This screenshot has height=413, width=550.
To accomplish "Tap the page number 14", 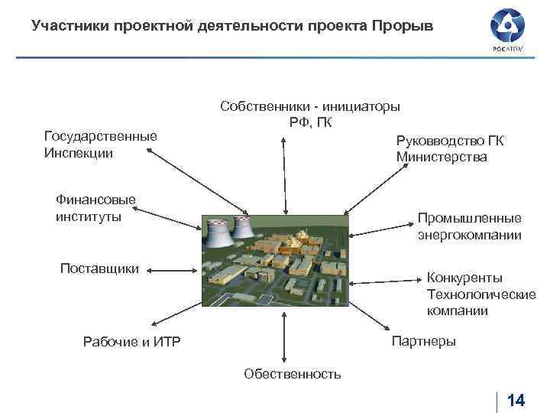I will click(x=516, y=401).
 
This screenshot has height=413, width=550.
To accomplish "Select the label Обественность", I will click(x=293, y=374).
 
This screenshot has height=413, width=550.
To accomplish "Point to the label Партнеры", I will click(x=423, y=341).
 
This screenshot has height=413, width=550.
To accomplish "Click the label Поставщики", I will click(x=99, y=268).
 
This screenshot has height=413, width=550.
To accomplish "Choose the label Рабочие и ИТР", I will click(x=131, y=342).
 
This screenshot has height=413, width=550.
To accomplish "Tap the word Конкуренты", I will click(x=464, y=277).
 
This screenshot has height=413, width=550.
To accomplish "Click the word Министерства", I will click(x=442, y=157).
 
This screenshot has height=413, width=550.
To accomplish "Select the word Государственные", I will click(x=101, y=136).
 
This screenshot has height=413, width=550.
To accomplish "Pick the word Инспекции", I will click(x=79, y=153).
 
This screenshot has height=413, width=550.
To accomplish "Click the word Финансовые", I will click(x=95, y=200).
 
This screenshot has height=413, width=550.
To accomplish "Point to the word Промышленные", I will click(x=470, y=218).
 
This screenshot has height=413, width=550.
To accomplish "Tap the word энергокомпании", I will click(x=470, y=235).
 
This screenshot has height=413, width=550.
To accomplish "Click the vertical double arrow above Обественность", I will click(x=284, y=337).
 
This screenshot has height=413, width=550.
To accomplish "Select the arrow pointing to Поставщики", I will click(x=172, y=268).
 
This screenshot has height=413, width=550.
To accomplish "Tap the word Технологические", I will click(x=481, y=294).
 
